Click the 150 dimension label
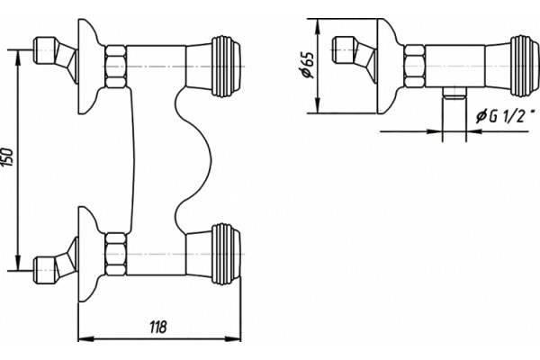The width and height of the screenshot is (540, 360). point(8,157)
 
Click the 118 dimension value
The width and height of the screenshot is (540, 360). point(158,327)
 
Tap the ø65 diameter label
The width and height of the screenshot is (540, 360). point(306,65)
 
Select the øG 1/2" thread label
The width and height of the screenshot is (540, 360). point(506,116)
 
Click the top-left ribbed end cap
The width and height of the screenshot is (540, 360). point(226,66)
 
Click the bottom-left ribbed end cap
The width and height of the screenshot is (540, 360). point(226,254)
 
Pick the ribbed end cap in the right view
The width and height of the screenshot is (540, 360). point(525,66)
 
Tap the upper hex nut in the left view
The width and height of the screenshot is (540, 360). point(115,66)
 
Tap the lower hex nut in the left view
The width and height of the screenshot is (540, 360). point(115,254)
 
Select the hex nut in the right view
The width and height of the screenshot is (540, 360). point(414,66)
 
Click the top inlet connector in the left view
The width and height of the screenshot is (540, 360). point(55,57)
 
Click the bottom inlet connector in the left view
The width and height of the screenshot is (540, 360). point(55,264)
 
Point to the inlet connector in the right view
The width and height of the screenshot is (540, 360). point(354,57)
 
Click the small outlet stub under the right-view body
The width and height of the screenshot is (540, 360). point(454,94)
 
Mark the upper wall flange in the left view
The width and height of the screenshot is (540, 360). point(88,66)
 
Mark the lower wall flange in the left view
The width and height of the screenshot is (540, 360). point(88,254)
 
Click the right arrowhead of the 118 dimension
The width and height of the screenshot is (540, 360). point(234,339)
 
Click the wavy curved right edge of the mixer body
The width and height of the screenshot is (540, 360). point(193,160)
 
